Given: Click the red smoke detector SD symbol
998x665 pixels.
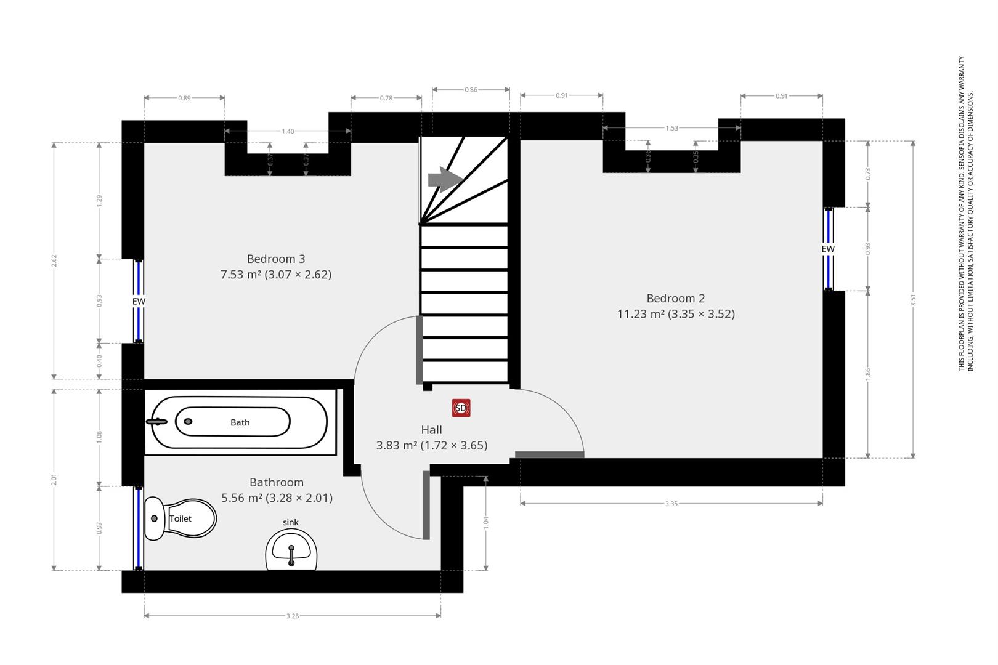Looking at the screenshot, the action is click(461, 408).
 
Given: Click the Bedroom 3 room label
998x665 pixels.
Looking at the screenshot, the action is click(276, 259).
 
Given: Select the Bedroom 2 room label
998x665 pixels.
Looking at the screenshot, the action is click(676, 299).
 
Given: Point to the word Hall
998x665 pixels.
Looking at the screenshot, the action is click(432, 430).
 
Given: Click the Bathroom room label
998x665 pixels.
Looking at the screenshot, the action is click(277, 482).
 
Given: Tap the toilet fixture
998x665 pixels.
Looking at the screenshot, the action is click(181, 518).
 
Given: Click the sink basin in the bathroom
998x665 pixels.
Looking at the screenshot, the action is click(291, 550).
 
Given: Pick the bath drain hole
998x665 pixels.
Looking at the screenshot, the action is click(188, 421).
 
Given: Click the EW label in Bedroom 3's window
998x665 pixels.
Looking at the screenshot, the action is click(139, 302).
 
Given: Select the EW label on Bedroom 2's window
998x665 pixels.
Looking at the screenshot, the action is click(828, 249).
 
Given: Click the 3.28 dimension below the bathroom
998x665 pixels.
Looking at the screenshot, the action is click(292, 616).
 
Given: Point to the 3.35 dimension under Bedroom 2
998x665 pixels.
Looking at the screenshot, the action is click(671, 504).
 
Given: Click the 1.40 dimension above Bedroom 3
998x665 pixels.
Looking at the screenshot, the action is click(288, 131).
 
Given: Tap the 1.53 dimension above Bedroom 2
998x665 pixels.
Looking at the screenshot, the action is click(672, 128).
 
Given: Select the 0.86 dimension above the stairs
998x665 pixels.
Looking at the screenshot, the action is click(471, 89).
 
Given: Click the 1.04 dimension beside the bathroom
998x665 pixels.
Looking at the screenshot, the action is click(485, 523).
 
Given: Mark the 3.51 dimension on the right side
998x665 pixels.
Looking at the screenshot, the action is click(913, 300).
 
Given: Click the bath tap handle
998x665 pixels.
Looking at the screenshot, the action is click(156, 422).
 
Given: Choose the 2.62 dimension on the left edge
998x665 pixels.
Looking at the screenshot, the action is click(54, 260).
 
